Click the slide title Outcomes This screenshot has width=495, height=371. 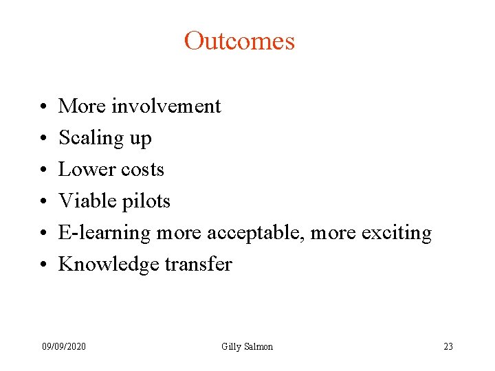[x=239, y=41]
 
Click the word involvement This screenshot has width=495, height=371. [x=166, y=106]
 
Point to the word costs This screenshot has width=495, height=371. [x=142, y=169]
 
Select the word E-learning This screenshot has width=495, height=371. [x=104, y=233]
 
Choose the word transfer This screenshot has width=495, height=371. [x=199, y=265]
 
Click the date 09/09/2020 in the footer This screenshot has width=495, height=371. [x=64, y=346]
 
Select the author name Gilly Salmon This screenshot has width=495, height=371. [x=247, y=346]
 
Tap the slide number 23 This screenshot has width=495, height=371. [x=448, y=346]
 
